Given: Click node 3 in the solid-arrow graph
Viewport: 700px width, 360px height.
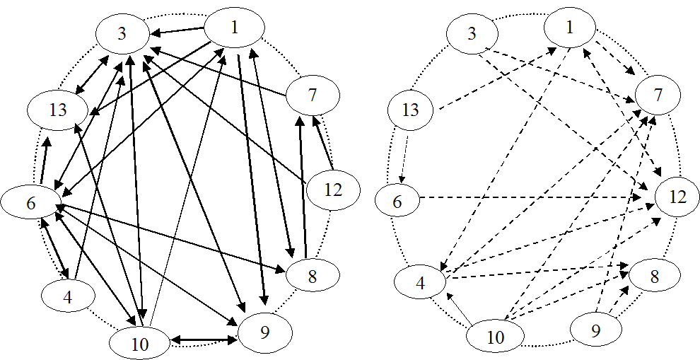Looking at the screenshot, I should click(x=122, y=34).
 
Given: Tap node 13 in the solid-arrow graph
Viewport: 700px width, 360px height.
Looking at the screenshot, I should click(x=58, y=110).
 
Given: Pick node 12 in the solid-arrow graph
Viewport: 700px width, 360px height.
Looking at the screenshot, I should click(x=333, y=190).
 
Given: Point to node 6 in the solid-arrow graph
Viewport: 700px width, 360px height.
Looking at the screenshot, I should click(x=30, y=203).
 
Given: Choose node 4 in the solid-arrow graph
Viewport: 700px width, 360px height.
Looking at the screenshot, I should click(x=68, y=297).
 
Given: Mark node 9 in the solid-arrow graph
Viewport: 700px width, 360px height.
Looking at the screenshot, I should click(x=264, y=332).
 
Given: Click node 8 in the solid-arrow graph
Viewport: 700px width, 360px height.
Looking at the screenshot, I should click(x=312, y=277).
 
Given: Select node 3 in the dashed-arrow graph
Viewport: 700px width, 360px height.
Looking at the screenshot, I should click(x=472, y=33).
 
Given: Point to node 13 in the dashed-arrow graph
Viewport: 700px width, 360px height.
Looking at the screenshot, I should click(x=410, y=110).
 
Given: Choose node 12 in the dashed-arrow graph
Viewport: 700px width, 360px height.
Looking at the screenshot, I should click(x=677, y=197).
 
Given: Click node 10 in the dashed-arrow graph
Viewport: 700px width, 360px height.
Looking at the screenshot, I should click(x=496, y=337).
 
